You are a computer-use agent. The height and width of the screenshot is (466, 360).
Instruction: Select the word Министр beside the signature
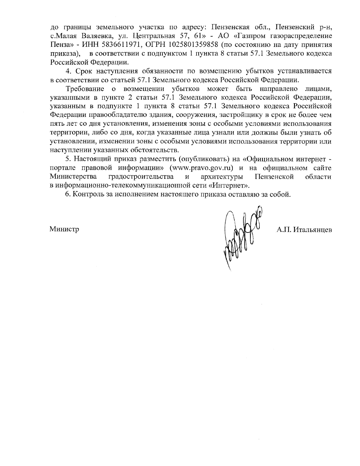[64, 230]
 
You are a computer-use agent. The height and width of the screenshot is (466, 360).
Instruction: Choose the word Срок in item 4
[82, 71]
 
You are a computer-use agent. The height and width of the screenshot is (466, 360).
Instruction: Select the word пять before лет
[57, 124]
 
